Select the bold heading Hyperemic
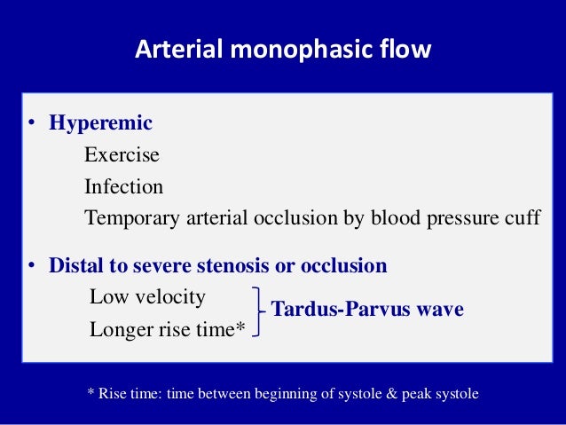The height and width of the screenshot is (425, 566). point(101,123)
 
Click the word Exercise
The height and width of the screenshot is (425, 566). point(122,155)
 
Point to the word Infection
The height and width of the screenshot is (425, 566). point(123,187)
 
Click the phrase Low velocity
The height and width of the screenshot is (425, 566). point(147,296)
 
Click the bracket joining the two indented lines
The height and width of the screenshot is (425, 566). point(257,312)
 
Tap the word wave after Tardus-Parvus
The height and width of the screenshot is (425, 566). point(438,311)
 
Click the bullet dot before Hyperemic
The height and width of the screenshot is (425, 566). point(29,124)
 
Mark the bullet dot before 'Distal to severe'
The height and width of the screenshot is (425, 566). point(29,266)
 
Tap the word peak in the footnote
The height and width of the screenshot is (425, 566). point(416,392)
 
